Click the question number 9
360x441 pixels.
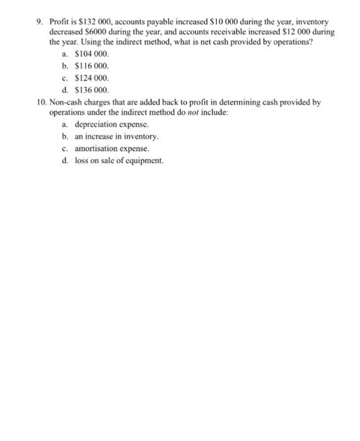39,22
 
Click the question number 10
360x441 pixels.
42,101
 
